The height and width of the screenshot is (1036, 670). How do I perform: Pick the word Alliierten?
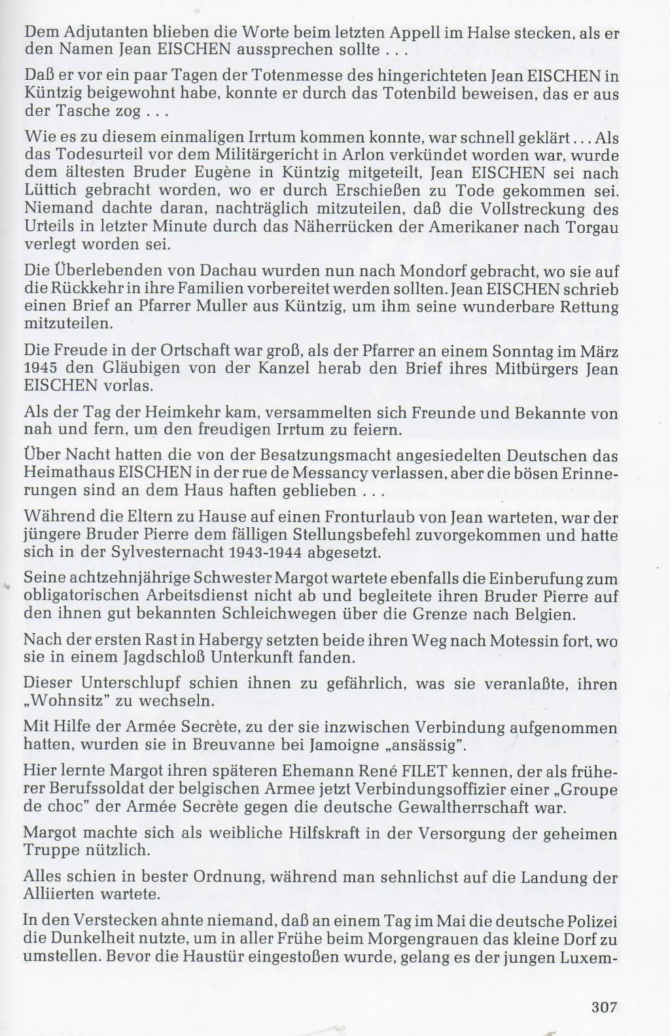tap(57, 893)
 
